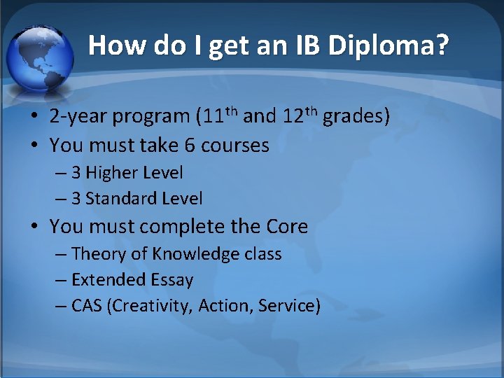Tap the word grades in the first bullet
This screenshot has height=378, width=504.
[x=356, y=116]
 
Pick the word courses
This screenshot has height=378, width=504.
[x=235, y=146]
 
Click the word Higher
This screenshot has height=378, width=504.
[x=113, y=172]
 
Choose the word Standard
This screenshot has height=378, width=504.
[x=120, y=199]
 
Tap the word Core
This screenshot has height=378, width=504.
[x=286, y=227]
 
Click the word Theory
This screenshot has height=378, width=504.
[x=97, y=254]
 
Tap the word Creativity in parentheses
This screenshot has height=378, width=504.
[x=151, y=307]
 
